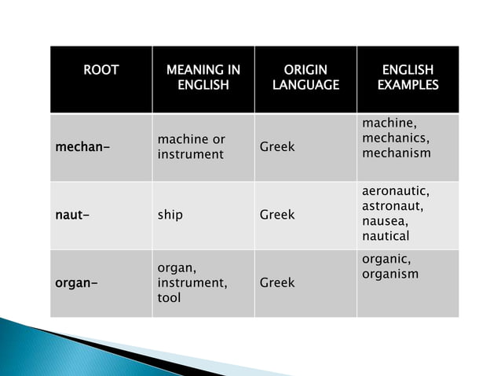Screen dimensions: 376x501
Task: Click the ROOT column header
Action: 101,70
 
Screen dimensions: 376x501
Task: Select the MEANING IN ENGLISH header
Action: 203,77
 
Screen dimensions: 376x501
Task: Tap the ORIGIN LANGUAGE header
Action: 305,77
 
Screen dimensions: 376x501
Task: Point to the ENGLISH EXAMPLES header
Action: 408,77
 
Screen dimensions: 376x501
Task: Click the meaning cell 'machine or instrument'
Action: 191,147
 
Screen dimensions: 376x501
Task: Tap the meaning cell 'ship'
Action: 170,214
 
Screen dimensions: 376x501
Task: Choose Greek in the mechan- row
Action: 277,147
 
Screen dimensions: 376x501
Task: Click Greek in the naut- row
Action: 277,214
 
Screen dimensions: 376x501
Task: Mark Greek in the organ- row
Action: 277,282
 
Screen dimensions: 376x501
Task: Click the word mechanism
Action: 396,153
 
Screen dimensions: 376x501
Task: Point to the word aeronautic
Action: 397,191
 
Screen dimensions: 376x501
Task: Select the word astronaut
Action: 393,206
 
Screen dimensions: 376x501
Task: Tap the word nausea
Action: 384,221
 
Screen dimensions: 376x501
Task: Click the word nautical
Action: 386,236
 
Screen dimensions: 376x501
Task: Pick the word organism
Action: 390,274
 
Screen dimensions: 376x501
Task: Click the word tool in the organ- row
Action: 169,298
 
